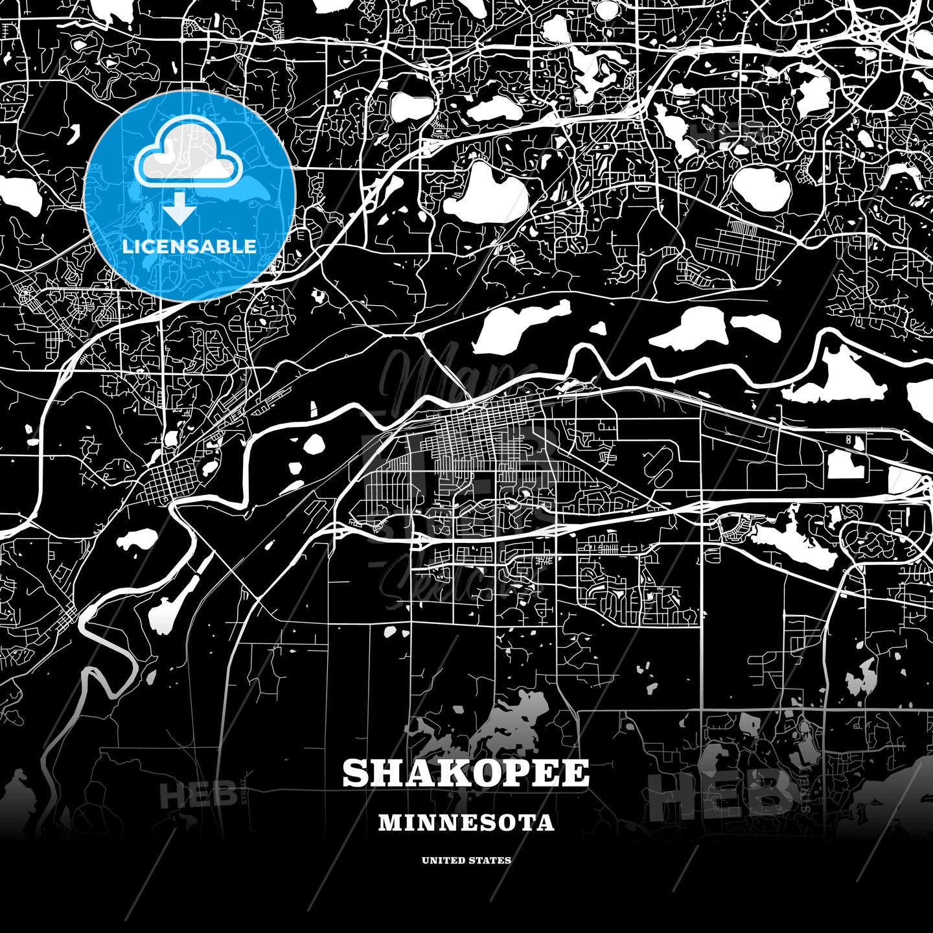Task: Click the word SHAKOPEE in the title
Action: point(466,773)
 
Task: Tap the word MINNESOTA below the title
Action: point(466,823)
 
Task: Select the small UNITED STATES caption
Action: point(466,860)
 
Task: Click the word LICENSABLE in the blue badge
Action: point(189,246)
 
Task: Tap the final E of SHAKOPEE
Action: point(577,773)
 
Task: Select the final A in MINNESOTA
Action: point(546,823)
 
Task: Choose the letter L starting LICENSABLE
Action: point(128,246)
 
